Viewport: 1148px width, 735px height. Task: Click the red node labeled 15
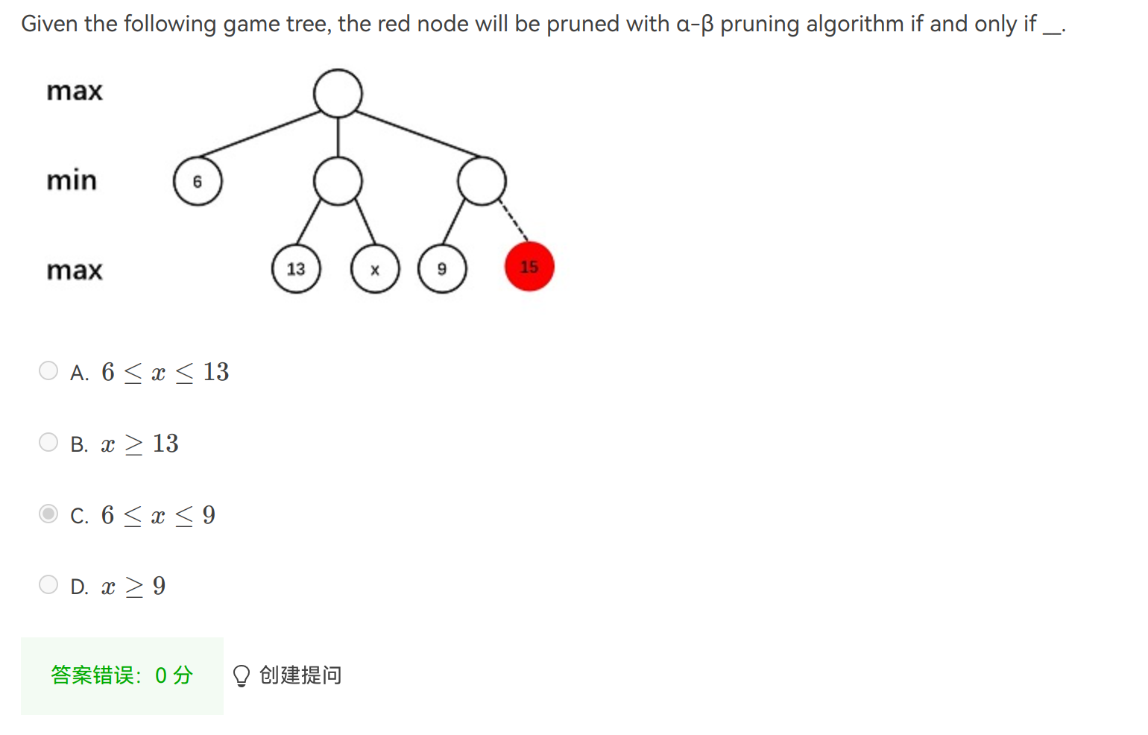click(529, 267)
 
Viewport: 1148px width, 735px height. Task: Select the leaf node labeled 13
click(296, 269)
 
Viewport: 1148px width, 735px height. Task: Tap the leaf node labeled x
click(375, 269)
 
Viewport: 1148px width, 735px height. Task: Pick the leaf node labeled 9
click(442, 269)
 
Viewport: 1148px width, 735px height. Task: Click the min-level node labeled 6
click(198, 181)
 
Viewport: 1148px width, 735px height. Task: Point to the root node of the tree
click(338, 94)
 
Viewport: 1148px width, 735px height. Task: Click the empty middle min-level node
click(338, 181)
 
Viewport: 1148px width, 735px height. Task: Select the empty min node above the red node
click(482, 181)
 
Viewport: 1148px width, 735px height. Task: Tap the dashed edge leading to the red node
click(513, 221)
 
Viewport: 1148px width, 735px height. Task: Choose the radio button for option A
click(48, 370)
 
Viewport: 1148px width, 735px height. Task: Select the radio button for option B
click(48, 442)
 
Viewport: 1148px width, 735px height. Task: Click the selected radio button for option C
click(48, 514)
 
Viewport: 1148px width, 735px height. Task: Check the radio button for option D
click(48, 584)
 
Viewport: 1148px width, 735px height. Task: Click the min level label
click(72, 180)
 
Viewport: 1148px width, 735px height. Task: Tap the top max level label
click(75, 91)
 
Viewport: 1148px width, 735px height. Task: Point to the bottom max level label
click(75, 270)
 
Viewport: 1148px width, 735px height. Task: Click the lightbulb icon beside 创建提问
click(241, 675)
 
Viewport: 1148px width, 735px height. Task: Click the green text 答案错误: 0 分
click(122, 675)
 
